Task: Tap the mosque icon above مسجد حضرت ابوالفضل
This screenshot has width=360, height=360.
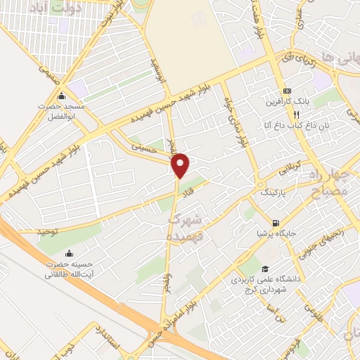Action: pos(62,96)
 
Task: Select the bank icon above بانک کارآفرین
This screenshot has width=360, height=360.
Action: pos(287,91)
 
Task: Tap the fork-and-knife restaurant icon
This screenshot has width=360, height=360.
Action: pos(297,114)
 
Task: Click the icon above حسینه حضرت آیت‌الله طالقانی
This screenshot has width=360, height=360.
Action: pos(69,254)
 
